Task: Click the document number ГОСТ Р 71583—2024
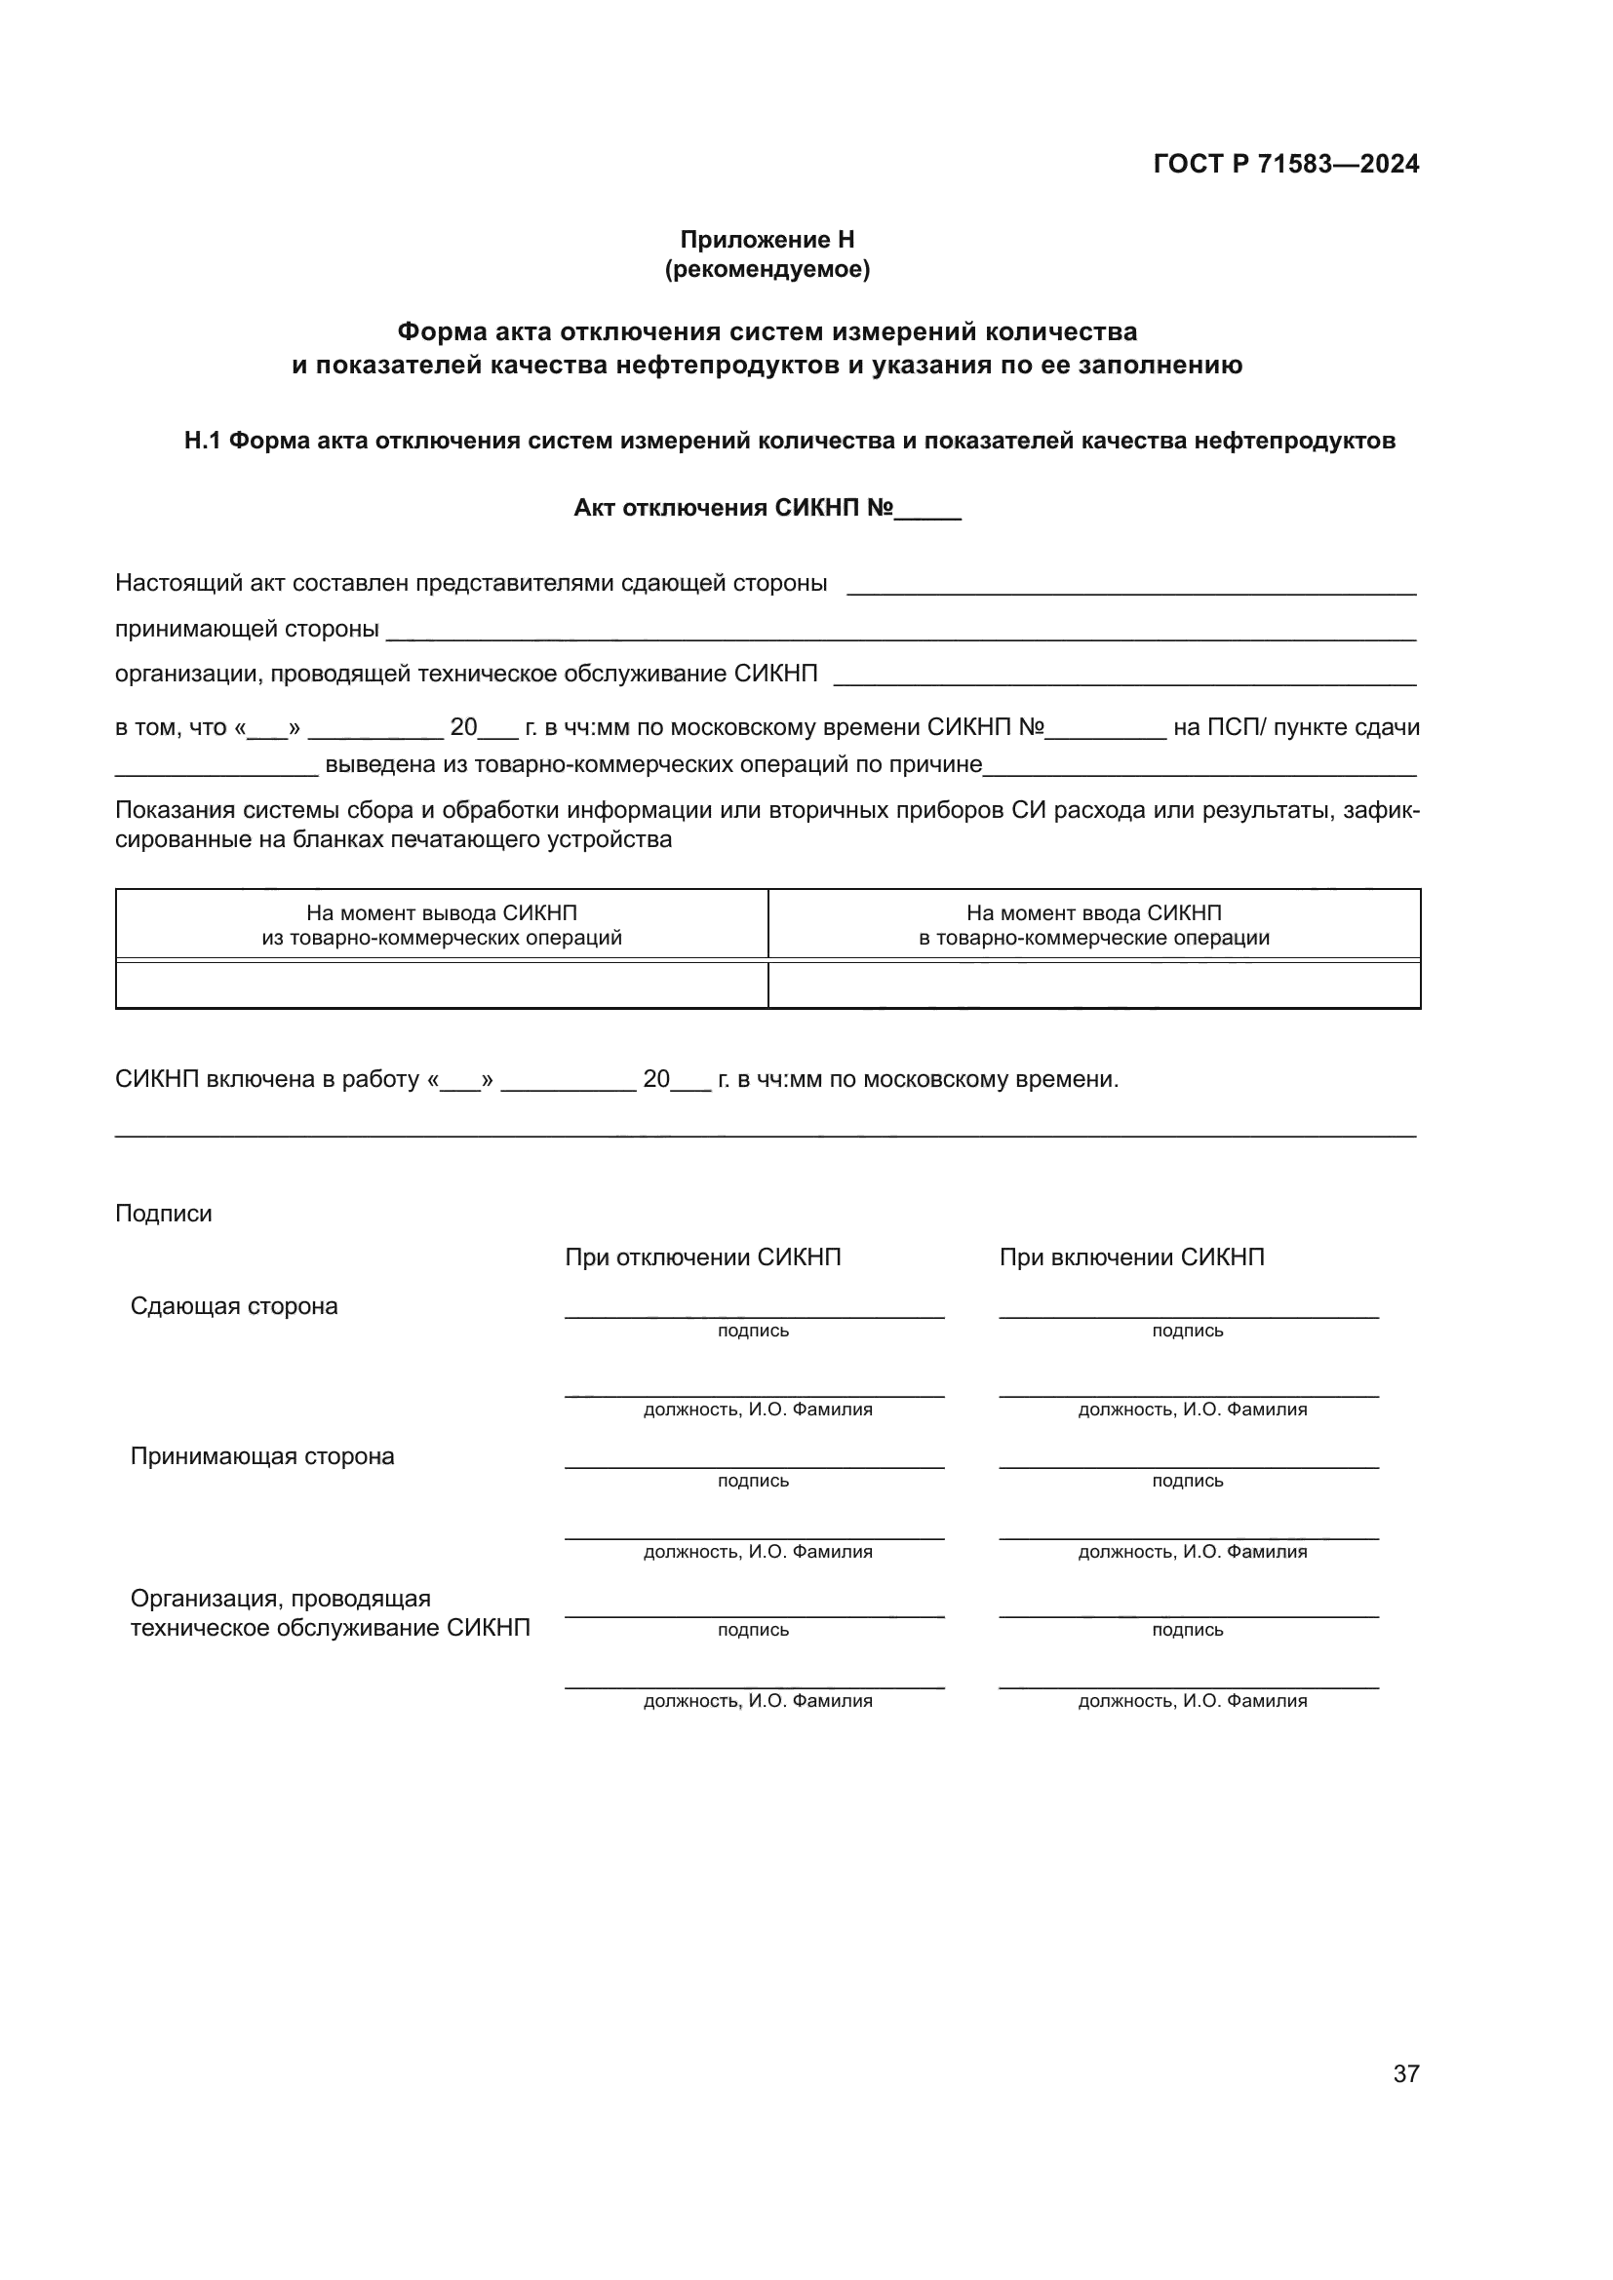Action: click(x=1285, y=164)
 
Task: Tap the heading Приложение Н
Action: click(x=767, y=240)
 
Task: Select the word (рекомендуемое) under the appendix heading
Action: click(x=767, y=269)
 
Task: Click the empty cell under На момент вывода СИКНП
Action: click(x=441, y=985)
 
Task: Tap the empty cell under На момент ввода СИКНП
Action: click(x=1093, y=985)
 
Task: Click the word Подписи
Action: click(x=163, y=1214)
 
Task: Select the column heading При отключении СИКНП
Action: click(x=702, y=1257)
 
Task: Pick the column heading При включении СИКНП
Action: click(x=1131, y=1257)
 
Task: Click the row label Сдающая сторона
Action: click(x=233, y=1306)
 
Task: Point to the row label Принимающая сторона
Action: click(x=262, y=1455)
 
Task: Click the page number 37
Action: click(x=1405, y=2073)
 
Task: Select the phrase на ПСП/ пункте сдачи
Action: click(x=1296, y=727)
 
